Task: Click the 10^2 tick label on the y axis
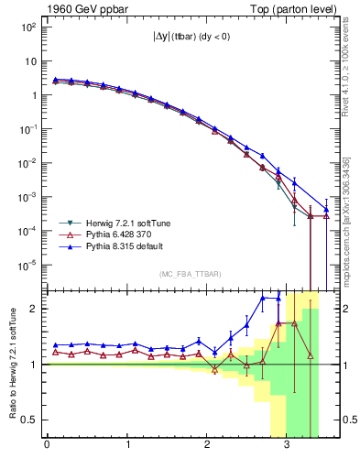(x=27, y=27)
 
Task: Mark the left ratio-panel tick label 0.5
(x=31, y=420)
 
